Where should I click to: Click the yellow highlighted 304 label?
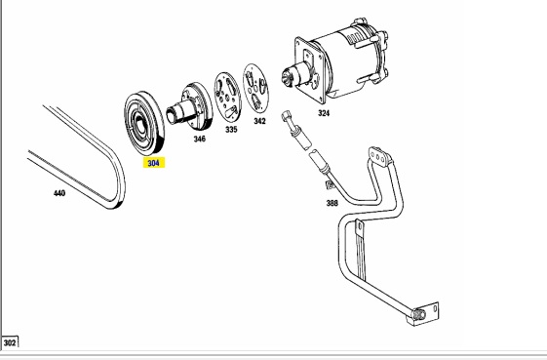click(x=153, y=163)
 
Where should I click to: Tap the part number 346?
click(x=199, y=139)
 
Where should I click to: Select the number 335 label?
click(x=231, y=130)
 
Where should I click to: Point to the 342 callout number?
click(x=259, y=121)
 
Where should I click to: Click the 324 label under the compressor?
click(x=324, y=113)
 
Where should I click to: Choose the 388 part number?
click(x=332, y=203)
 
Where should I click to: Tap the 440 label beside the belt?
click(x=59, y=193)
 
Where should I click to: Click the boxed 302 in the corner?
click(x=10, y=342)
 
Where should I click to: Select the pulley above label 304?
click(x=144, y=123)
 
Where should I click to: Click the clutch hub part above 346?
click(x=190, y=106)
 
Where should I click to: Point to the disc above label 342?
click(x=256, y=88)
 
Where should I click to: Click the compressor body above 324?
click(x=349, y=60)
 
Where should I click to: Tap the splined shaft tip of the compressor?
click(x=288, y=77)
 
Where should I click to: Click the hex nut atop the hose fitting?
click(x=286, y=115)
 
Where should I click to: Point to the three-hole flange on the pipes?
click(x=378, y=155)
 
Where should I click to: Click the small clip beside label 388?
click(x=330, y=184)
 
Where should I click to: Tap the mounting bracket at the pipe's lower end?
click(x=424, y=314)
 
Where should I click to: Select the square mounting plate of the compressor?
click(x=311, y=70)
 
